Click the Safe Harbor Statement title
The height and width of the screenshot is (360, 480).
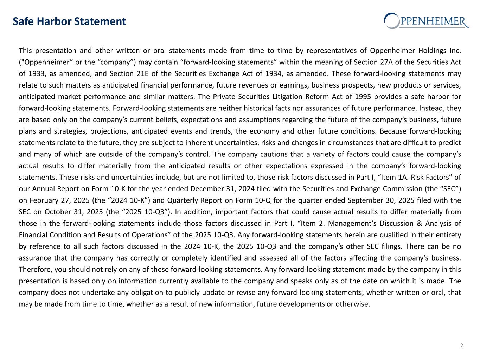pos(69,21)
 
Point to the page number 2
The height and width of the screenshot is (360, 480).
pos(462,345)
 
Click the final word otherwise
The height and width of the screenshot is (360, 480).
pos(353,304)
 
